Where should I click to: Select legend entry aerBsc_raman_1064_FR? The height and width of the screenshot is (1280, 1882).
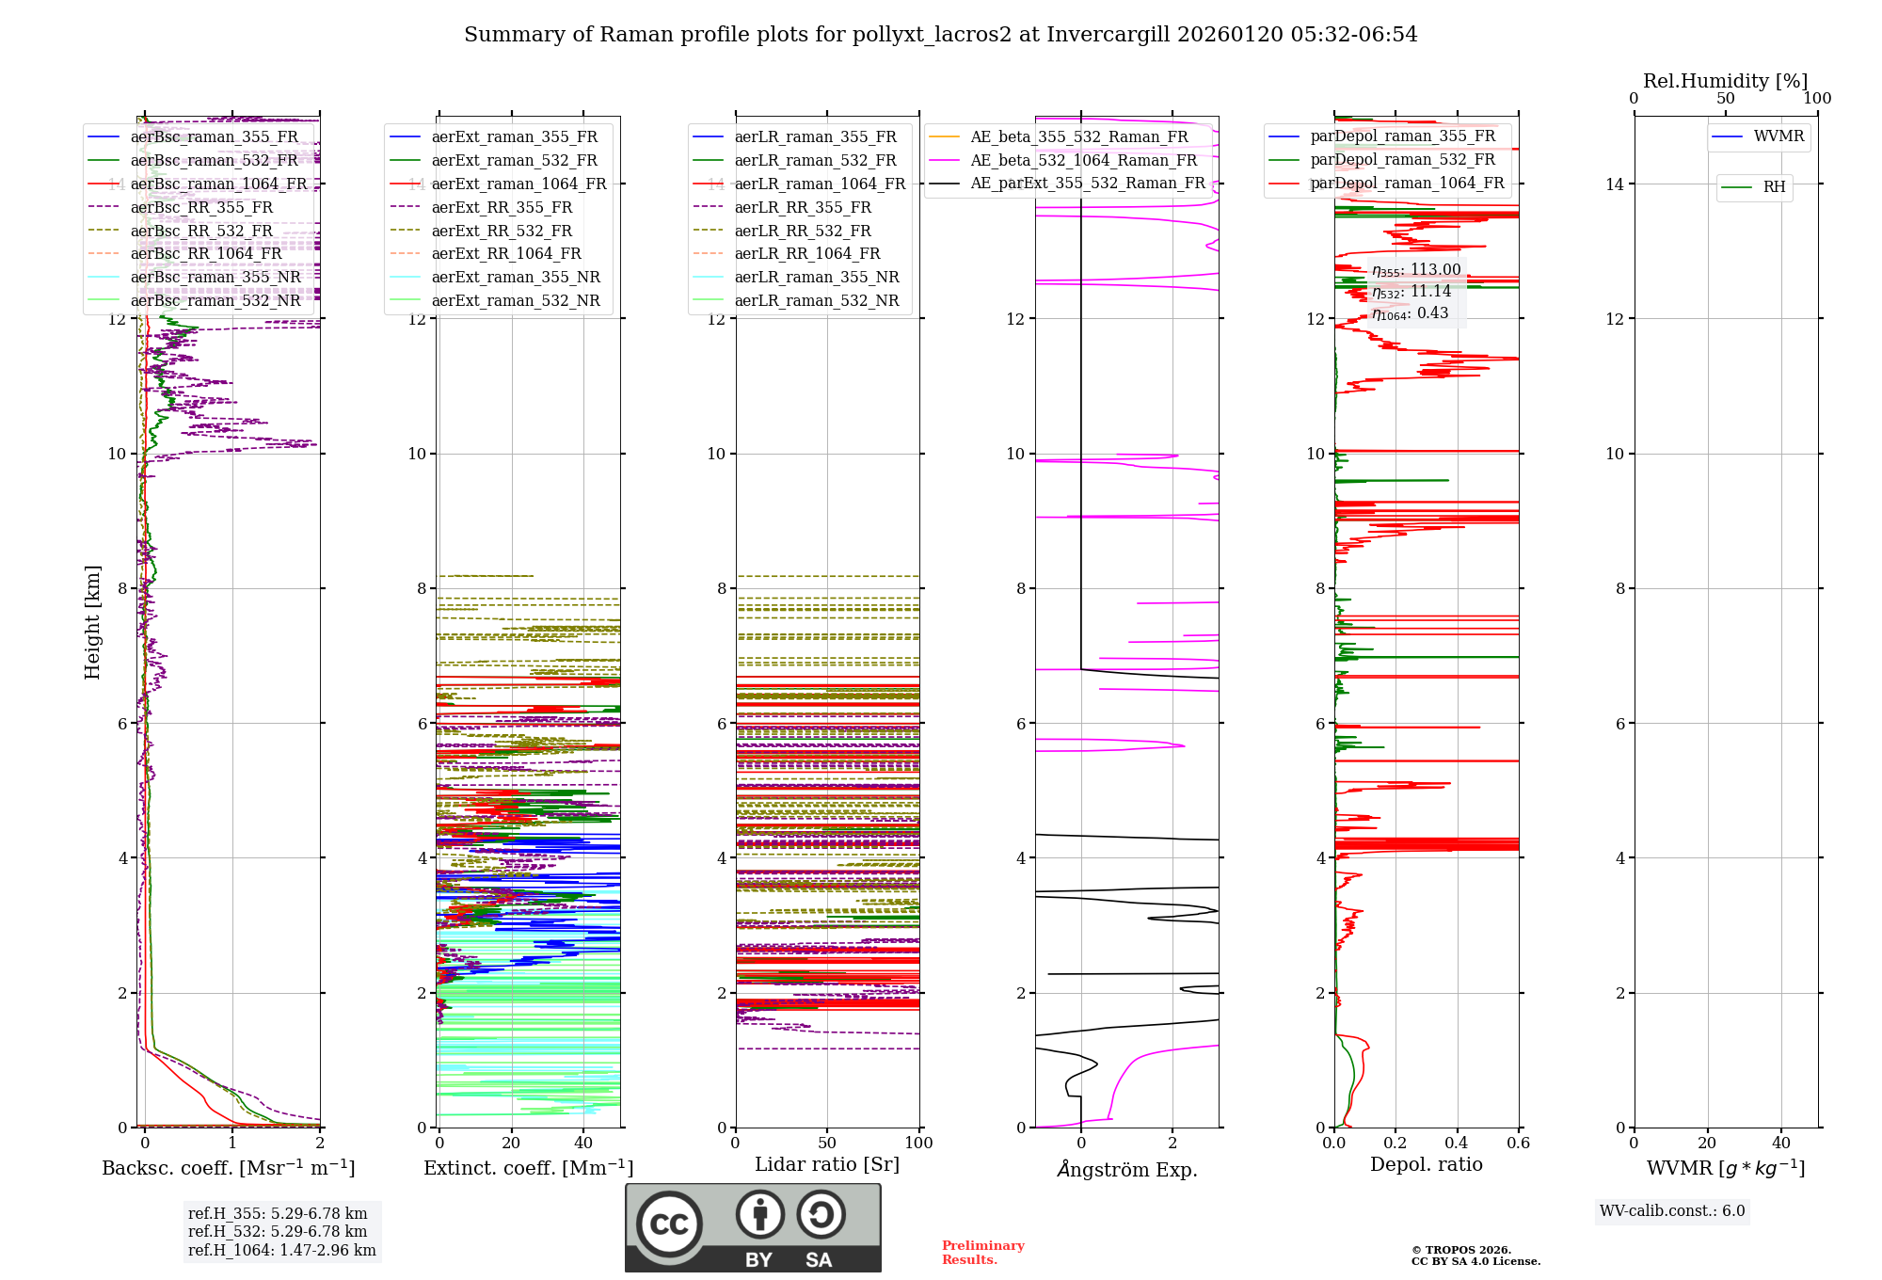[x=218, y=184]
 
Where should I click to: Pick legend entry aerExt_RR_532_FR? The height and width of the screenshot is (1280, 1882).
[x=502, y=231]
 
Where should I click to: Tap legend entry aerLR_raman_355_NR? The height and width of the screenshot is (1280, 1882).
[x=817, y=277]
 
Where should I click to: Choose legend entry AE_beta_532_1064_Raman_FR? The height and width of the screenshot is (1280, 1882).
[x=1083, y=160]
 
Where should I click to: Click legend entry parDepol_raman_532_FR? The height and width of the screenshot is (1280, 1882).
[x=1402, y=159]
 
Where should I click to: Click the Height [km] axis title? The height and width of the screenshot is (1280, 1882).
[x=92, y=622]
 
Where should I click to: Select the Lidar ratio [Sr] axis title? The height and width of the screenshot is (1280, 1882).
[x=827, y=1165]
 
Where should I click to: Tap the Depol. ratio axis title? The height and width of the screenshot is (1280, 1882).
[x=1426, y=1165]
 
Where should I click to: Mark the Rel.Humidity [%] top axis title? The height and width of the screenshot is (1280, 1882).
[x=1725, y=81]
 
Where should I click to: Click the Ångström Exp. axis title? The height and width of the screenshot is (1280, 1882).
[x=1126, y=1170]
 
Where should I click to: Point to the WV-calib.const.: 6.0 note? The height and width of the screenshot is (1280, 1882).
[x=1672, y=1211]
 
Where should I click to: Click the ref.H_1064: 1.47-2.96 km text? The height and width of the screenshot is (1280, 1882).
[x=281, y=1251]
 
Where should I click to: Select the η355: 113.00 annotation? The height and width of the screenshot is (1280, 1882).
[x=1416, y=270]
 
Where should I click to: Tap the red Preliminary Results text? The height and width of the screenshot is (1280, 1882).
[x=982, y=1253]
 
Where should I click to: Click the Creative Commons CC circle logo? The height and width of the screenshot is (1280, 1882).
[x=669, y=1224]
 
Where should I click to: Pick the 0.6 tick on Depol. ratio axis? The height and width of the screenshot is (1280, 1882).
[x=1518, y=1144]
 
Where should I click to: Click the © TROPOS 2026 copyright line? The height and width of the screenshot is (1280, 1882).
[x=1461, y=1250]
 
